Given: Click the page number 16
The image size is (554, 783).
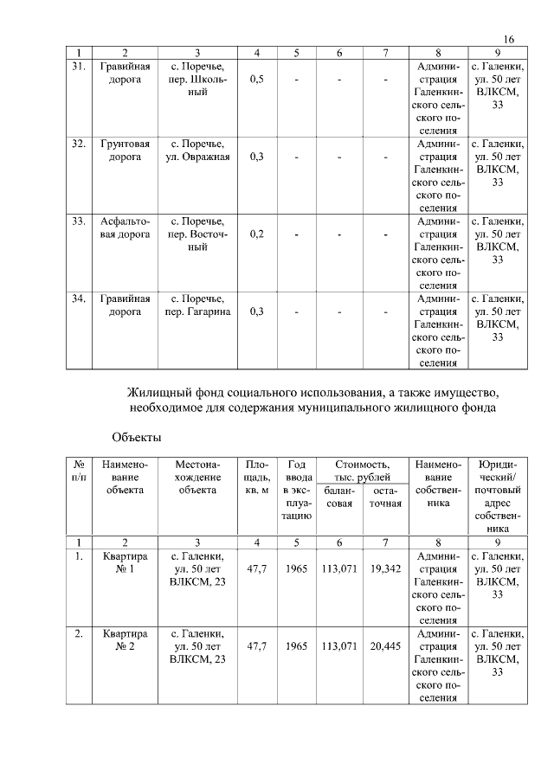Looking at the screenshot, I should [x=509, y=40].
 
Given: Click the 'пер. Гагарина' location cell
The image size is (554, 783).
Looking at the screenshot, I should [x=198, y=305].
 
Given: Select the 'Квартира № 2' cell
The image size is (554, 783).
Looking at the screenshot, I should [x=125, y=640].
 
